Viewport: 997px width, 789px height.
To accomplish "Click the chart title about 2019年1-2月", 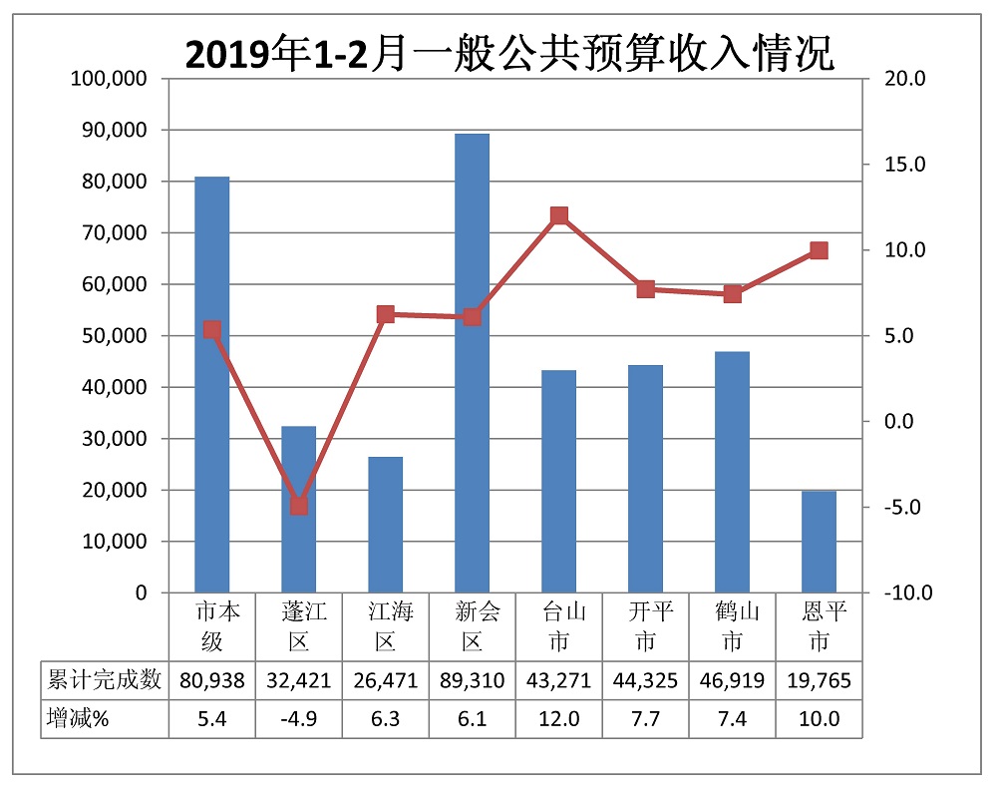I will tap(509, 54).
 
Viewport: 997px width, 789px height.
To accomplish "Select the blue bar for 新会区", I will tap(472, 363).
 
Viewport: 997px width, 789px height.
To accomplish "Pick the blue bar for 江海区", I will tap(385, 525).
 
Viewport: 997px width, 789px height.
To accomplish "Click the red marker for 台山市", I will tap(558, 216).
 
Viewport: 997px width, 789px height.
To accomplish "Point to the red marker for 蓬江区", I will tap(298, 506).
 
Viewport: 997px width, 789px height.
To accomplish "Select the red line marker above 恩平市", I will tap(819, 250).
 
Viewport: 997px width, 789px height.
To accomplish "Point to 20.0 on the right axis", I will tap(908, 79).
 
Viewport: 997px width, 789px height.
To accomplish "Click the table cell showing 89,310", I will tap(472, 681).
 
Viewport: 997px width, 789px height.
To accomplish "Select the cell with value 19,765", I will tap(819, 681).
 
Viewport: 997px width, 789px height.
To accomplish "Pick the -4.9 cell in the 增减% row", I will tap(298, 719).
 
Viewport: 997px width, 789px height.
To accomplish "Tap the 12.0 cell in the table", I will tap(558, 719).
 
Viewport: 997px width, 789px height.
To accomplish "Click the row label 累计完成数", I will tap(105, 681).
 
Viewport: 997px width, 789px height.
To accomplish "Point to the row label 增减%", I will tap(79, 719).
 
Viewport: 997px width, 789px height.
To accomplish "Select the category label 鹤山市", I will tap(732, 625).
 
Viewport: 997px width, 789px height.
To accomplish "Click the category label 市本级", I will tap(211, 625).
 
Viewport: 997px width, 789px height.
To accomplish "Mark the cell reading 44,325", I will tap(645, 681).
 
